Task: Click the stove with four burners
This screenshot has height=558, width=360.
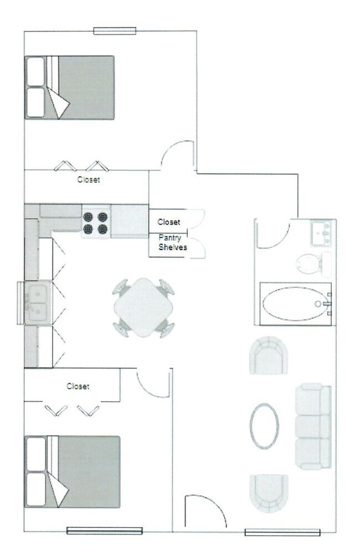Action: pyautogui.click(x=96, y=222)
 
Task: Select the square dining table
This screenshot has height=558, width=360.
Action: pyautogui.click(x=143, y=308)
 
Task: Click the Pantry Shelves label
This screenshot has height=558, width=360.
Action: pyautogui.click(x=172, y=243)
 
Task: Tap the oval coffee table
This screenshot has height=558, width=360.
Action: pyautogui.click(x=264, y=426)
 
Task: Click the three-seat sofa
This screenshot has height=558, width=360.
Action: pyautogui.click(x=313, y=426)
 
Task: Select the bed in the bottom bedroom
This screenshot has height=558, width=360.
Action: pyautogui.click(x=73, y=472)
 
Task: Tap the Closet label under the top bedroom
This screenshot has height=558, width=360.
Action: pyautogui.click(x=89, y=180)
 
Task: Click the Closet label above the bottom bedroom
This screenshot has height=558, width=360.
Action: pyautogui.click(x=78, y=386)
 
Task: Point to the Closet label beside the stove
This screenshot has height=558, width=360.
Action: pyautogui.click(x=169, y=222)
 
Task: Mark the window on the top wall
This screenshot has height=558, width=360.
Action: pyautogui.click(x=115, y=31)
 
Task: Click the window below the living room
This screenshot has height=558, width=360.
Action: pyautogui.click(x=282, y=533)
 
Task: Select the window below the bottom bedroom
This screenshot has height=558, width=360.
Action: pyautogui.click(x=105, y=531)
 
